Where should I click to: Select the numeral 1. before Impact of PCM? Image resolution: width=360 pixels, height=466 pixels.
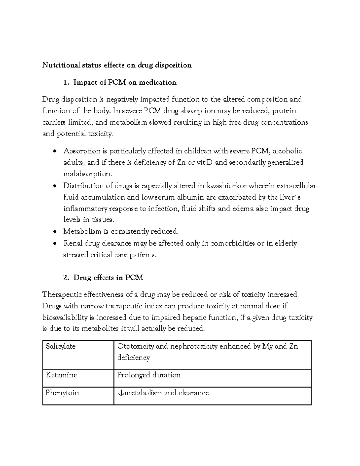(67, 82)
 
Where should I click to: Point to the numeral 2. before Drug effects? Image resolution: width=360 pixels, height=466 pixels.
(67, 278)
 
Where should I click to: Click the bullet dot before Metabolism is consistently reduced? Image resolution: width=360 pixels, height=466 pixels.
(54, 232)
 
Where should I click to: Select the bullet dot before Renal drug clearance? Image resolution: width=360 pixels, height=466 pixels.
(54, 243)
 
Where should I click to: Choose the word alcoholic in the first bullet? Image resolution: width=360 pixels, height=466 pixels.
(288, 151)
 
